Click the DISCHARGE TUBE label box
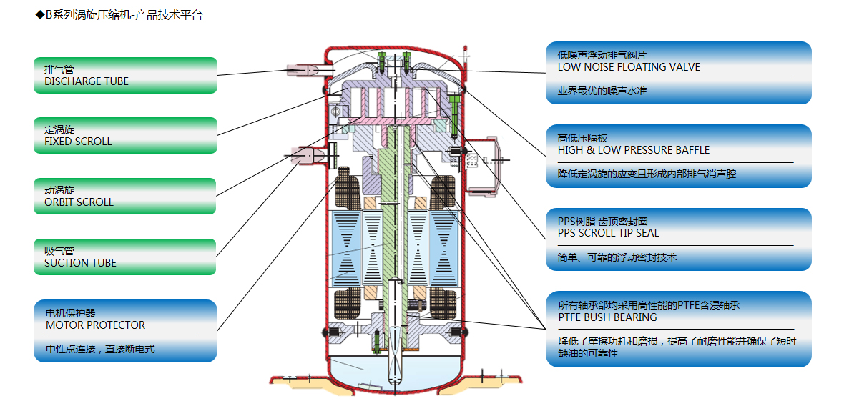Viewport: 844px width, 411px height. click(125, 75)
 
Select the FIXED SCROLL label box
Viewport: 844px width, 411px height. click(125, 135)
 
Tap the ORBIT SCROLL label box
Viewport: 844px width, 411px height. click(125, 196)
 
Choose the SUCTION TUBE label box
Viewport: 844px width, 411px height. click(125, 257)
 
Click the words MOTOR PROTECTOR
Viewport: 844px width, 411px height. click(95, 325)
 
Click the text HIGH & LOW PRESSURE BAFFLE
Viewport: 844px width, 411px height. click(634, 150)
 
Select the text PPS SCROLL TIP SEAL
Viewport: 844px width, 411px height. click(609, 233)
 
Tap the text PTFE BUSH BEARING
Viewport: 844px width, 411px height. click(607, 317)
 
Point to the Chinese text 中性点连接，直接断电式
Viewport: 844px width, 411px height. click(100, 349)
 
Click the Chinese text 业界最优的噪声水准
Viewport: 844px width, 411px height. click(602, 91)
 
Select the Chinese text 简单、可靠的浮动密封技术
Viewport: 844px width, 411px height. click(617, 257)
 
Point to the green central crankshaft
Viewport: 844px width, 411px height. click(391, 214)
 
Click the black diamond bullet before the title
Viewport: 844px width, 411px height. click(39, 15)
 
